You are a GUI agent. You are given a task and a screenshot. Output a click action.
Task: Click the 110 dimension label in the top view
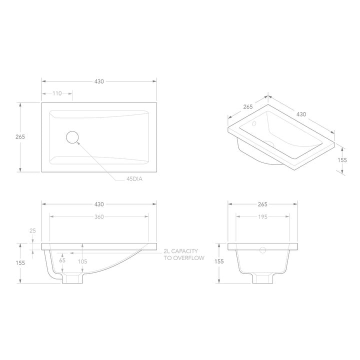(x=56, y=93)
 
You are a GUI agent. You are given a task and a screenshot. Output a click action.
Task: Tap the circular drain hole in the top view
(x=73, y=137)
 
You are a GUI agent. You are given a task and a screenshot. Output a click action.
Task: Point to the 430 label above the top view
(x=98, y=80)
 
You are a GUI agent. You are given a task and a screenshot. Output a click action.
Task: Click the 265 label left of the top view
(x=20, y=137)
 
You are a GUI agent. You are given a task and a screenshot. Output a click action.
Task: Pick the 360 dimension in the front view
(x=98, y=217)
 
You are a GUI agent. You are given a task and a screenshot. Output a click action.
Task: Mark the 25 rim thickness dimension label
(x=33, y=231)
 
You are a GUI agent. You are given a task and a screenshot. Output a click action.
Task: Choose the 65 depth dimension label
(x=62, y=260)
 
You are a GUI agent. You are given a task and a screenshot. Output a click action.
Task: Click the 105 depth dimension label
(x=82, y=260)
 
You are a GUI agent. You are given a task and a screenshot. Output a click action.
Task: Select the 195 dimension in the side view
(x=262, y=217)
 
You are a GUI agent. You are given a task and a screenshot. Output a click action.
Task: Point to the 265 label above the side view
(x=262, y=204)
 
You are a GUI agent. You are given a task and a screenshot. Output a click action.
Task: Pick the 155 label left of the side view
(x=219, y=261)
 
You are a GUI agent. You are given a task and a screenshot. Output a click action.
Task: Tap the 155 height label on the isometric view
(x=342, y=160)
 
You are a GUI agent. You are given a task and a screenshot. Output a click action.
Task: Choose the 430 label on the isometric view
(x=301, y=114)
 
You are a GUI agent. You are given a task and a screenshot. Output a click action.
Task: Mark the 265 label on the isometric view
(x=248, y=106)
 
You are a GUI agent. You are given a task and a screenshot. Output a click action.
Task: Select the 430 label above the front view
(x=98, y=204)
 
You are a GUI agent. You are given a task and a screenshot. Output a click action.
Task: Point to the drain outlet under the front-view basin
(x=72, y=278)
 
